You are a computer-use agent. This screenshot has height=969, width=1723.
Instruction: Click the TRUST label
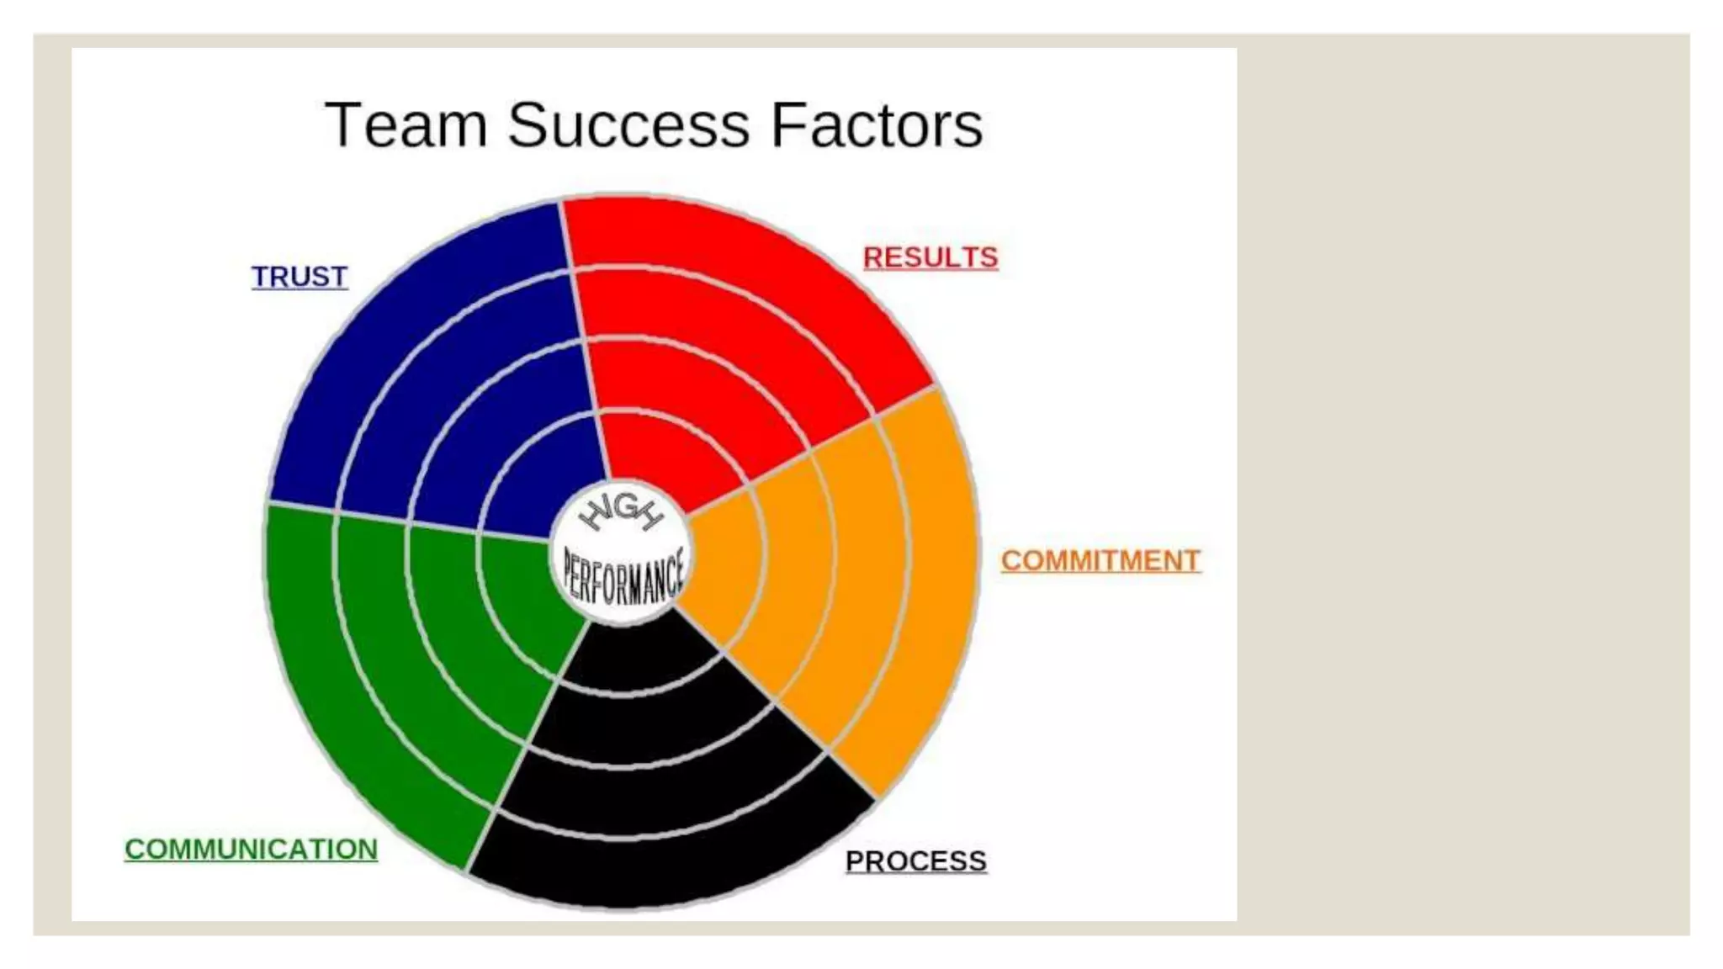[300, 277]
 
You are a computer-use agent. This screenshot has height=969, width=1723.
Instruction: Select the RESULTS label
[930, 257]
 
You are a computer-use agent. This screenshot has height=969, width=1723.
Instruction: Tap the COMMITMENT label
[1100, 561]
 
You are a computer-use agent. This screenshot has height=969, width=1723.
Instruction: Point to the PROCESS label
[915, 861]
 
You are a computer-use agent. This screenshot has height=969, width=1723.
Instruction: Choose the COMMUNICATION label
[251, 850]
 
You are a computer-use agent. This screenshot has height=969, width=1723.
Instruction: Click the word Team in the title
[406, 125]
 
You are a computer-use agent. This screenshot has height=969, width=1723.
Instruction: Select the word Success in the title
[628, 125]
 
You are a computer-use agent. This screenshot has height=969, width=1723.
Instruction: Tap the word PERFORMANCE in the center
[623, 579]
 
